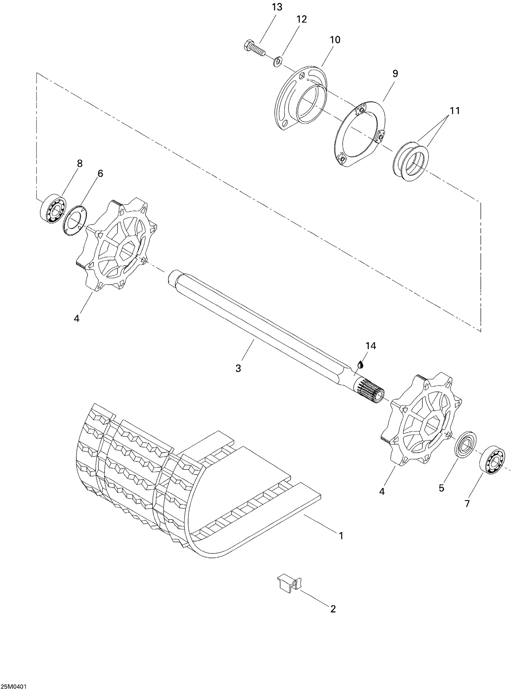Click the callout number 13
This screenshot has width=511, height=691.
click(x=277, y=7)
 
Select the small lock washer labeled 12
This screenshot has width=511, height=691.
click(x=277, y=61)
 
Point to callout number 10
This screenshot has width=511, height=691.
click(x=335, y=40)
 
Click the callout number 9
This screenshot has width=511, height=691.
click(x=395, y=74)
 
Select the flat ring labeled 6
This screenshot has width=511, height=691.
click(x=75, y=220)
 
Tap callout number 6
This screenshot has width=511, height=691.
click(x=100, y=174)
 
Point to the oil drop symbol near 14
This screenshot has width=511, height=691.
click(x=360, y=364)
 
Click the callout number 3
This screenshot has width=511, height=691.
click(x=238, y=368)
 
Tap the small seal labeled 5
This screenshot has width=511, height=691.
click(x=465, y=445)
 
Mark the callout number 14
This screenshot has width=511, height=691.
click(x=371, y=346)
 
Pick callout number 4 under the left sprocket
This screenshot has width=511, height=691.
click(x=76, y=318)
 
